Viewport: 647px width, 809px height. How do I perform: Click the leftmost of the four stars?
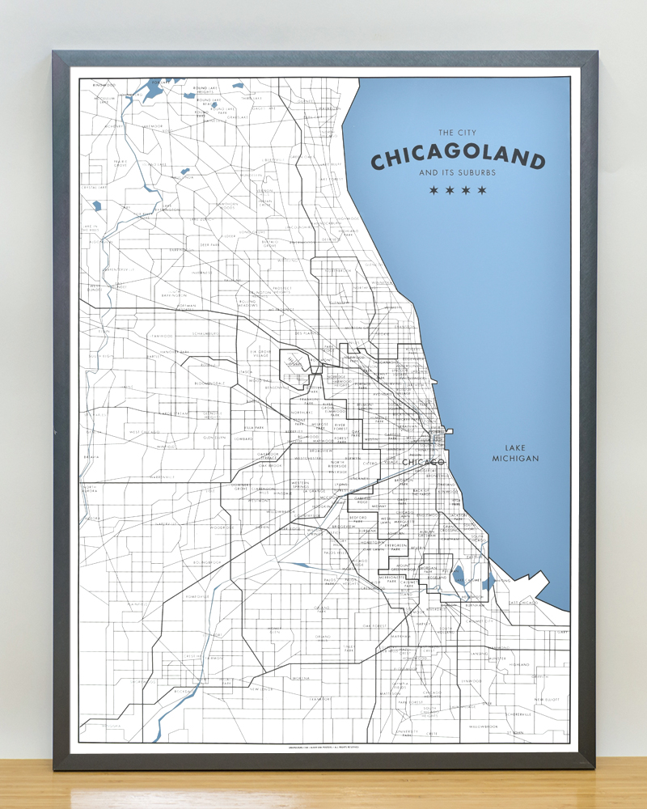(433, 191)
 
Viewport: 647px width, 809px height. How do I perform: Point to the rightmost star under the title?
(482, 191)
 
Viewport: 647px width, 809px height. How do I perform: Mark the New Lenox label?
(261, 689)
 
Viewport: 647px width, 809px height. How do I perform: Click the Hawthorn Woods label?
(226, 205)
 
